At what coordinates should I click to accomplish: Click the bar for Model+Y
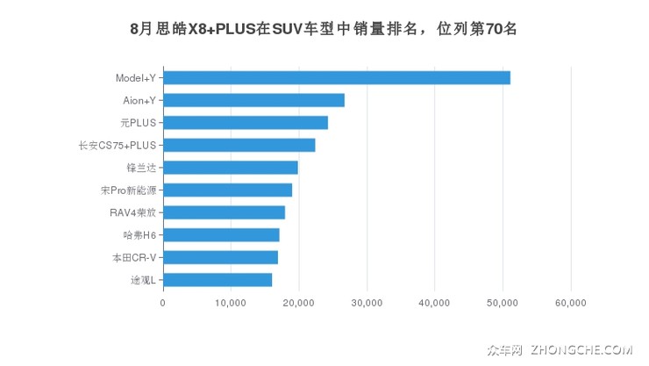click(337, 77)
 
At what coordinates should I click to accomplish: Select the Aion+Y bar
click(253, 100)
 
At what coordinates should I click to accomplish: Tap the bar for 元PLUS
click(246, 122)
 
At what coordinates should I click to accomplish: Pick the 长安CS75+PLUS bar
click(239, 145)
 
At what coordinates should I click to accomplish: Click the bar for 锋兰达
click(231, 168)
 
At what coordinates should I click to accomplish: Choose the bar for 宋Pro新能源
click(227, 190)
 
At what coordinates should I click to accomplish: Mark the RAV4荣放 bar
click(224, 212)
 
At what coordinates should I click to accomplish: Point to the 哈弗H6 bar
click(221, 234)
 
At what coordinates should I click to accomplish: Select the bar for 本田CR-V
click(220, 257)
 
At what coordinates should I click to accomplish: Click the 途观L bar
click(218, 279)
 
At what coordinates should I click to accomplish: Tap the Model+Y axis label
click(136, 78)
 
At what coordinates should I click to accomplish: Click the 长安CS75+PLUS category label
click(117, 146)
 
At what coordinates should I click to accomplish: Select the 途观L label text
click(143, 280)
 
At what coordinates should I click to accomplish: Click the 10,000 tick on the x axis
click(231, 303)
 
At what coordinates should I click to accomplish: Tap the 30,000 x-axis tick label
click(367, 303)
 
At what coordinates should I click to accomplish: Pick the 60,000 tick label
click(571, 303)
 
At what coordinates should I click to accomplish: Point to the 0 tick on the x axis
click(163, 303)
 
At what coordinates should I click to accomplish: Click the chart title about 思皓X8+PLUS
click(324, 29)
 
